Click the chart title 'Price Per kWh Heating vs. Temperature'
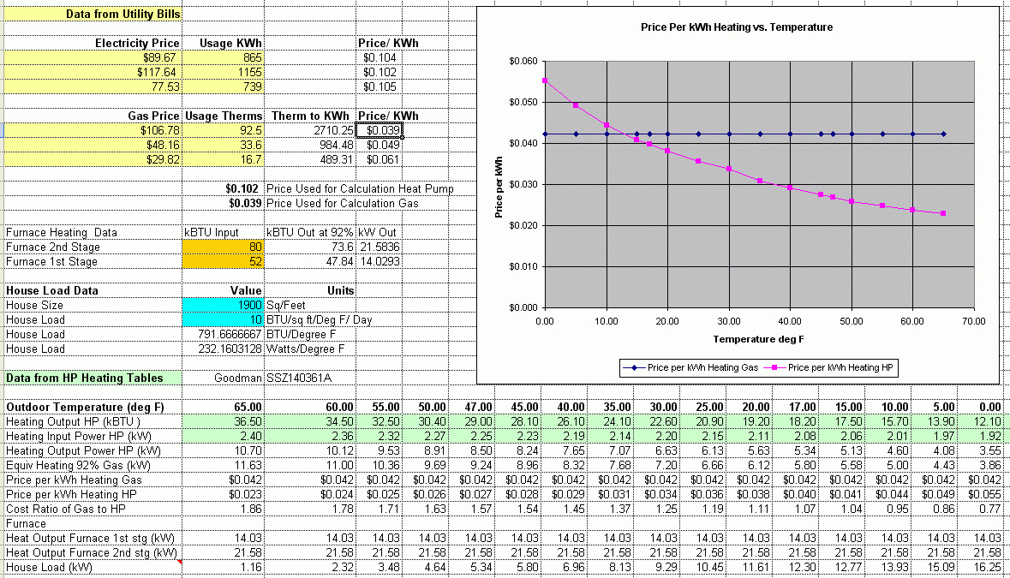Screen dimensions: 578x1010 coord(737,27)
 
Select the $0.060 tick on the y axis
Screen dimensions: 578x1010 coord(523,62)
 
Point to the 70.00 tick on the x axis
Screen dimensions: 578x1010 coord(974,321)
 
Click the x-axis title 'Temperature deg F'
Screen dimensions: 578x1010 coord(756,338)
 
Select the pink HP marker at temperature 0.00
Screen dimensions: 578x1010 coord(545,81)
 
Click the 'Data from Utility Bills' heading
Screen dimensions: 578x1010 coord(122,15)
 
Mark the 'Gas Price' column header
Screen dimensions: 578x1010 coord(153,116)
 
